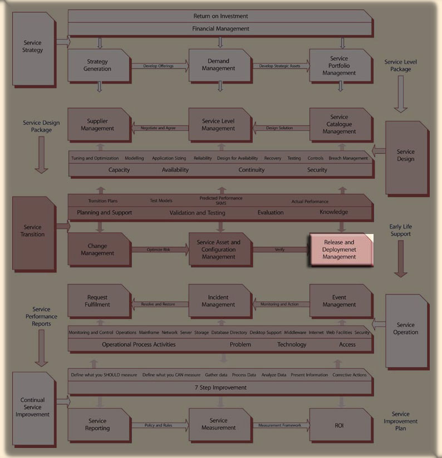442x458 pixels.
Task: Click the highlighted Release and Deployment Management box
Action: pos(340,250)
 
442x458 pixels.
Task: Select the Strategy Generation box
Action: pos(99,65)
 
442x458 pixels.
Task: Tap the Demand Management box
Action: pos(219,65)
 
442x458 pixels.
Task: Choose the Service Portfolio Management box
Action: pos(340,65)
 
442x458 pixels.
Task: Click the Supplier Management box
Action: pos(99,124)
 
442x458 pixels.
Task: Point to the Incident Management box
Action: pos(219,301)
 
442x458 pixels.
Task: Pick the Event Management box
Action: pos(340,301)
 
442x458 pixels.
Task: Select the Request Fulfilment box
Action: pos(99,301)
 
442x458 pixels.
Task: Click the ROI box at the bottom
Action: pos(340,425)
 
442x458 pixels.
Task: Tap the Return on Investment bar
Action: pos(220,16)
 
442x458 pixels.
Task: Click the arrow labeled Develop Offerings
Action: pos(159,66)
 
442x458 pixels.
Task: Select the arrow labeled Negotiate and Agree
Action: pos(159,128)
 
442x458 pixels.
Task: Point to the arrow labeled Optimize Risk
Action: pos(159,250)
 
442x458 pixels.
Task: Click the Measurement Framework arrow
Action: pos(279,425)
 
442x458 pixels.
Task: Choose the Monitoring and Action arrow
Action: pos(279,304)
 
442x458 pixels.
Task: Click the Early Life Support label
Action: pos(401,230)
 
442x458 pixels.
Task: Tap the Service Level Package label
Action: pos(401,65)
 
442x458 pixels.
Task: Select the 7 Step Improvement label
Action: pos(220,387)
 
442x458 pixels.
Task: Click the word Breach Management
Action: pos(348,158)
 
